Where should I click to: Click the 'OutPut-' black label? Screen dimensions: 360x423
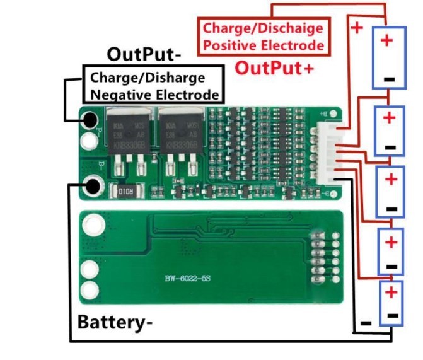(x=144, y=54)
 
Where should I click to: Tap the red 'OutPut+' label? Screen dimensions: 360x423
(x=274, y=67)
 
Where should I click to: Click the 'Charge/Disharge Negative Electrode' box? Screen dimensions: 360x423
(x=155, y=86)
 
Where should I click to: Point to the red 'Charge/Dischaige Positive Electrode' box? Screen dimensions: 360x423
(x=263, y=37)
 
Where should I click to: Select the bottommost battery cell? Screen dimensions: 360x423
(x=391, y=304)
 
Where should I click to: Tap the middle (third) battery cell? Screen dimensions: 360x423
(x=390, y=190)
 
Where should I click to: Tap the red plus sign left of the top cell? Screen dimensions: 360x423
(x=356, y=28)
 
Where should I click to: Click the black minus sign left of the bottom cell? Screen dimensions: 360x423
(x=365, y=323)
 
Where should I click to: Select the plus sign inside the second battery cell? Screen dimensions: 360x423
(x=390, y=117)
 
